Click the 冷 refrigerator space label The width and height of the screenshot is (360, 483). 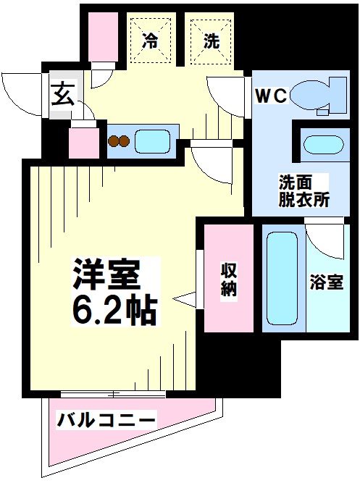tap(150, 41)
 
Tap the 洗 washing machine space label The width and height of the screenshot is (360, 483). tap(211, 41)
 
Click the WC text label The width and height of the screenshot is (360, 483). tap(272, 94)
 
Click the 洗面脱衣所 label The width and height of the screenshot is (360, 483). tap(304, 191)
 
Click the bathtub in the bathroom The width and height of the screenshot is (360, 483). tap(282, 279)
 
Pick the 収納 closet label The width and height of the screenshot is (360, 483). tap(229, 279)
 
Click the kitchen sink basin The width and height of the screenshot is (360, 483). tap(152, 140)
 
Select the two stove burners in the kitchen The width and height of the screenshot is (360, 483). tap(118, 141)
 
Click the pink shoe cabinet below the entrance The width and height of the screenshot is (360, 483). tap(83, 143)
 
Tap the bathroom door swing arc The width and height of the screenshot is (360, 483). tap(324, 239)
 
